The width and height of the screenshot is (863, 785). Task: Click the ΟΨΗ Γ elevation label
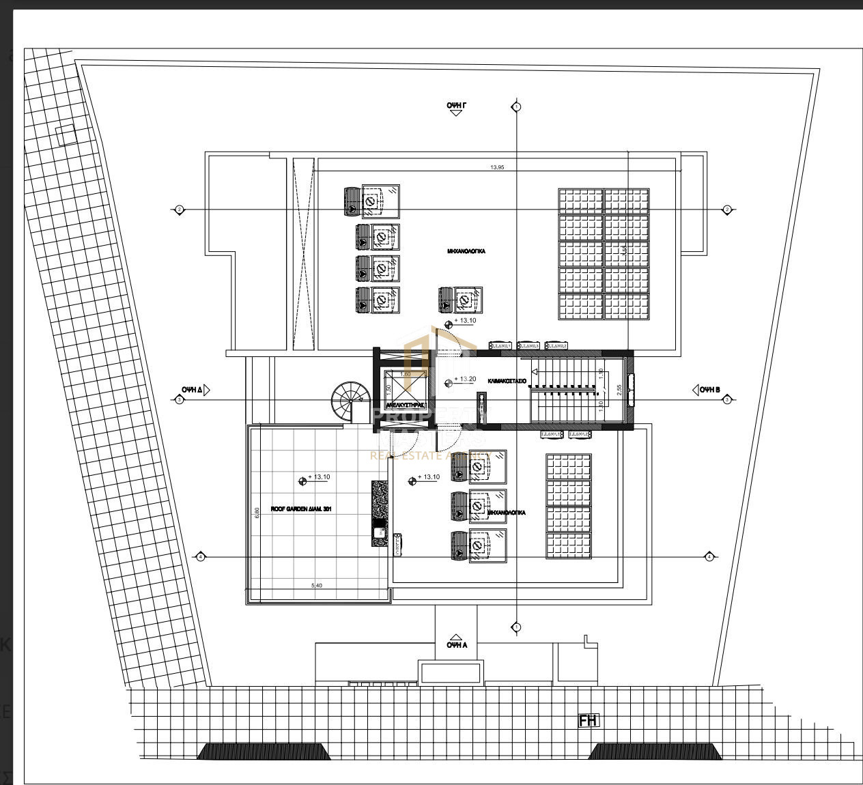click(x=456, y=105)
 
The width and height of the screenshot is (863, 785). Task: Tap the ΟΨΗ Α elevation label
click(x=457, y=644)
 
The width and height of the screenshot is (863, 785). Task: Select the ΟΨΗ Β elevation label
click(x=709, y=390)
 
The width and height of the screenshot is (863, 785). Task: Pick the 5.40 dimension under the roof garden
click(x=317, y=586)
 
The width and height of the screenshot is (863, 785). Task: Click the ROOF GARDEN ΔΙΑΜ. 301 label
click(x=301, y=509)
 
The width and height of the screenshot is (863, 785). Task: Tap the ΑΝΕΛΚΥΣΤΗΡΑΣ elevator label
click(x=406, y=405)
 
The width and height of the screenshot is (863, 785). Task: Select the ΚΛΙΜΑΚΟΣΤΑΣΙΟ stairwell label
click(x=507, y=380)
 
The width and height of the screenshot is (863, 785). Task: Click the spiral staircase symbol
click(x=350, y=399)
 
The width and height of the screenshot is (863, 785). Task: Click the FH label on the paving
click(x=588, y=721)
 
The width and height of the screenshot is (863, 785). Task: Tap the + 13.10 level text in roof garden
click(x=320, y=477)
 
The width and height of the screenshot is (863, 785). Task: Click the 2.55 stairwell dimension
click(x=619, y=390)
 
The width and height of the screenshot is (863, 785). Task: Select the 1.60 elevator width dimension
click(x=405, y=374)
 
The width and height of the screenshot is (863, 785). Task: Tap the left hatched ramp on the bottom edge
click(x=264, y=752)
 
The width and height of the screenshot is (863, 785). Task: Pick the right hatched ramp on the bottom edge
click(x=654, y=752)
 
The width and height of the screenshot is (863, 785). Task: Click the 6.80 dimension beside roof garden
click(x=257, y=512)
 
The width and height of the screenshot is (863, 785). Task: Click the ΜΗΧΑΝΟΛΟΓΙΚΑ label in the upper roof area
click(x=466, y=251)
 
